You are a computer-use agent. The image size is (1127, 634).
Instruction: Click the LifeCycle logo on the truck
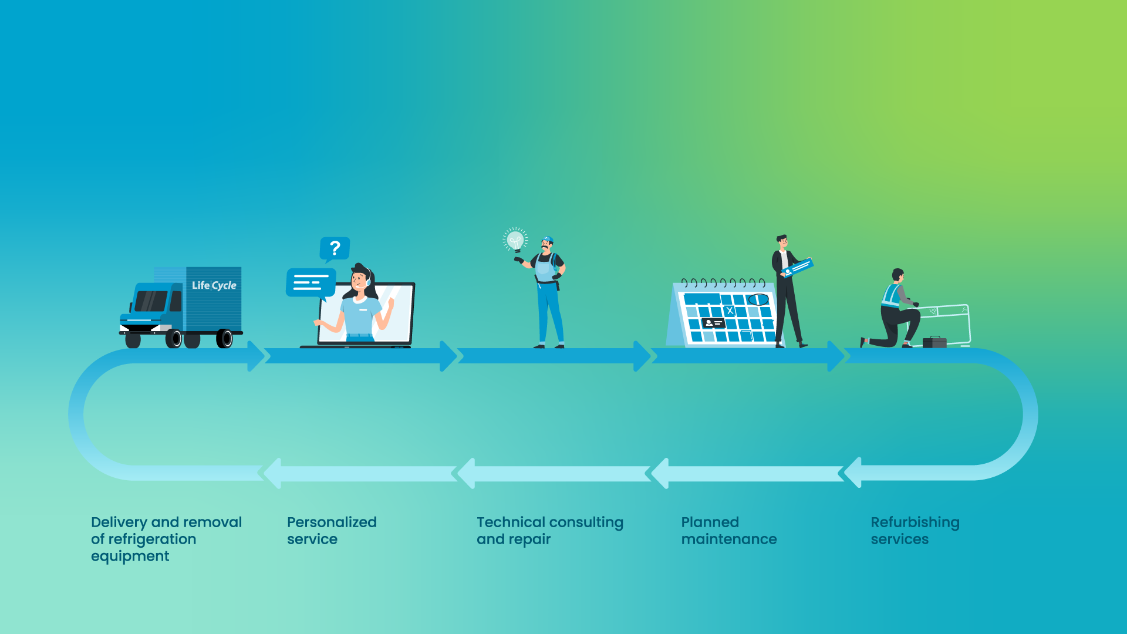(x=214, y=285)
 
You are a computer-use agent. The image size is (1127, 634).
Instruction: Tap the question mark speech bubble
(x=335, y=249)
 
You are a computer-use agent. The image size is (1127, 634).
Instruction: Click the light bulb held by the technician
(x=515, y=240)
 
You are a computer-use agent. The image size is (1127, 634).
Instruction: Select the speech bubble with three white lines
(x=311, y=284)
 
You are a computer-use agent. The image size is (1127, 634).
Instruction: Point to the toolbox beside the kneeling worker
(x=934, y=342)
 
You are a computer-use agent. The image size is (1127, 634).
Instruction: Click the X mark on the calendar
(x=730, y=311)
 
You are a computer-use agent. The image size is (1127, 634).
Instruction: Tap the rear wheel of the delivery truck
(x=225, y=339)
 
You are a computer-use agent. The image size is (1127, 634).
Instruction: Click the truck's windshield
(x=151, y=301)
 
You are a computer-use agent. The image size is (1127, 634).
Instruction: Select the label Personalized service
(x=332, y=531)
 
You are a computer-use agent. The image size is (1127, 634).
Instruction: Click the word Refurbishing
(x=915, y=522)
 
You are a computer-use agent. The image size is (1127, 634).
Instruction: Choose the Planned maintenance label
(x=729, y=531)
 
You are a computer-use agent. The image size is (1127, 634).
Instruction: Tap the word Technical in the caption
(x=511, y=522)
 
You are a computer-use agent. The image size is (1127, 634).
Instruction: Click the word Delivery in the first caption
(x=119, y=522)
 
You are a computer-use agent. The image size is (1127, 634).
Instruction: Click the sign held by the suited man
(x=797, y=267)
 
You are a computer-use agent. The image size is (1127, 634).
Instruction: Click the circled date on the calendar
(x=758, y=300)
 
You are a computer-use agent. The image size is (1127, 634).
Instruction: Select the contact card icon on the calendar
(x=713, y=323)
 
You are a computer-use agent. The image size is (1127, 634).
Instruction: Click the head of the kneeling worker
(x=898, y=275)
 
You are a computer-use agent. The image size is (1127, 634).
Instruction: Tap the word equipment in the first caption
(x=130, y=557)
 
